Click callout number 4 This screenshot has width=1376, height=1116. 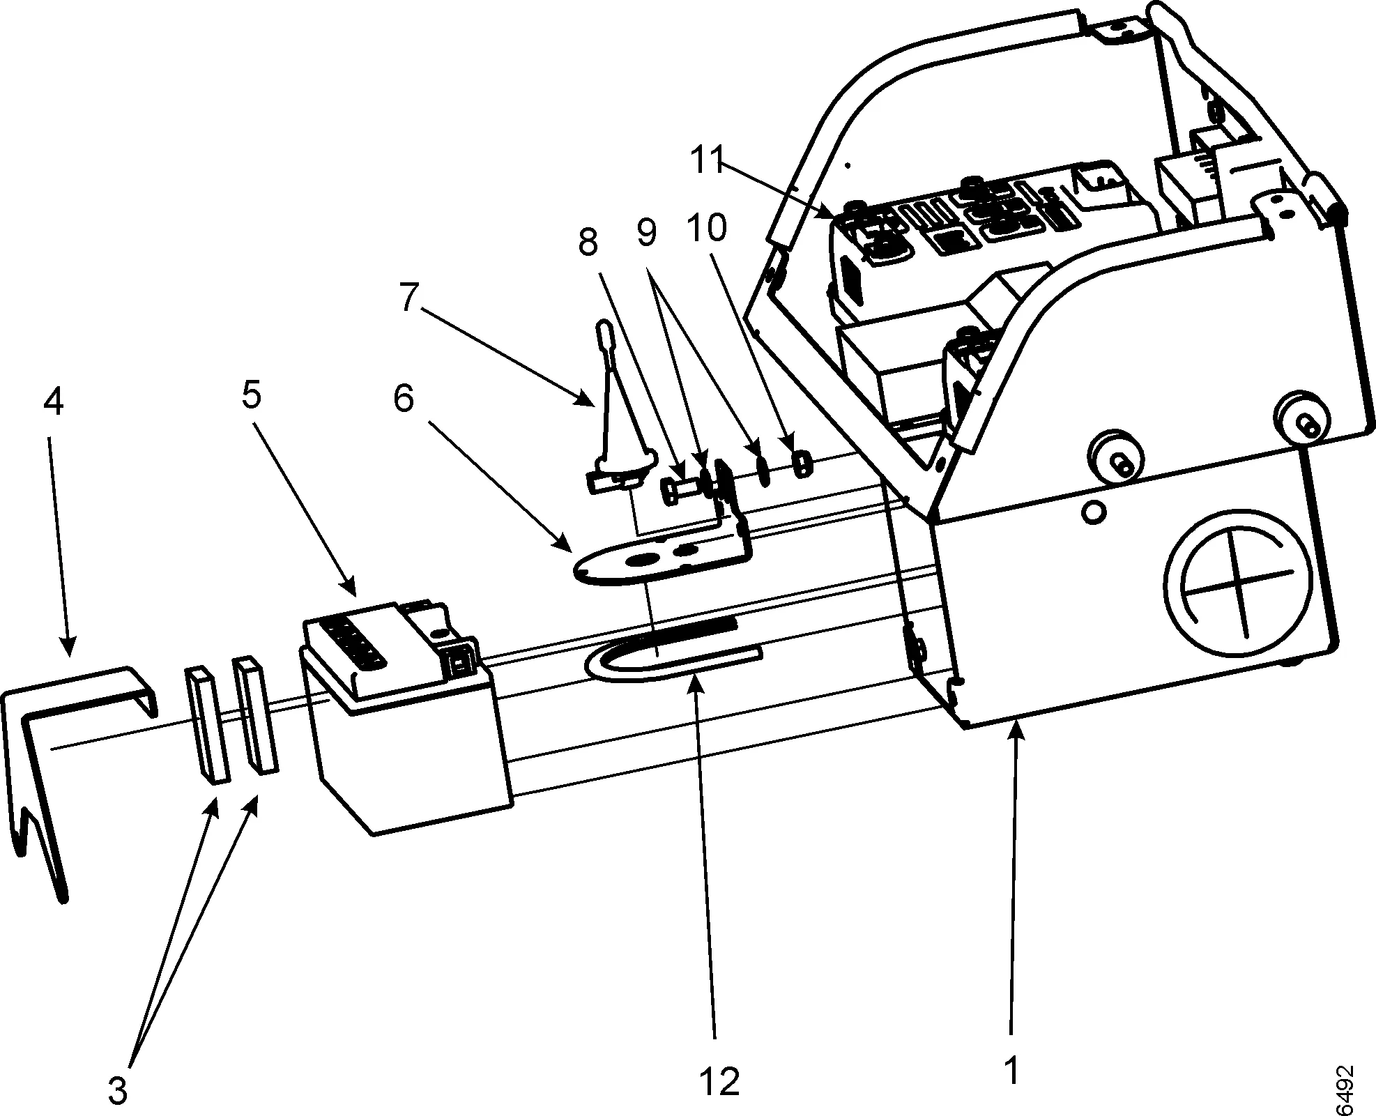tap(54, 402)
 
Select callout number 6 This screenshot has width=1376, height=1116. tap(403, 399)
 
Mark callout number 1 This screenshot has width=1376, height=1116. tap(1012, 1069)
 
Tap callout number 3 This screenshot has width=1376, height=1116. tap(118, 1090)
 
